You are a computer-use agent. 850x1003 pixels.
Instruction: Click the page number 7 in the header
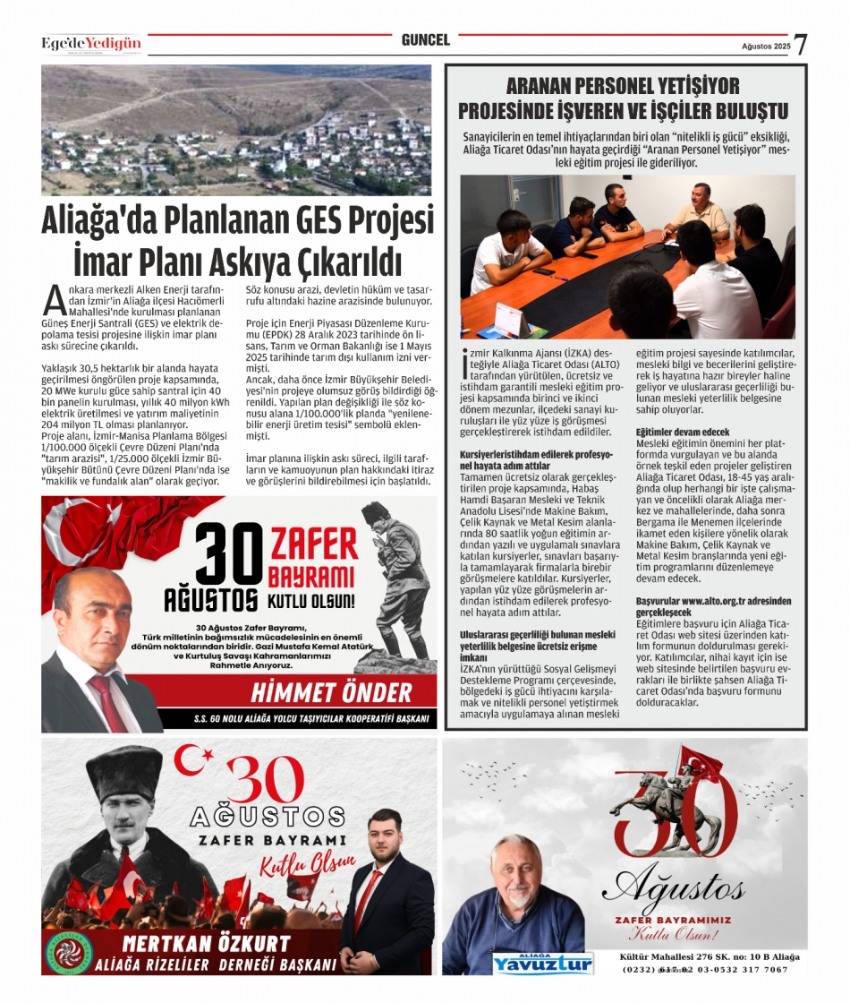pyautogui.click(x=801, y=45)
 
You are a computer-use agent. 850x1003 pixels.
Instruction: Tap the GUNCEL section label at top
pyautogui.click(x=425, y=40)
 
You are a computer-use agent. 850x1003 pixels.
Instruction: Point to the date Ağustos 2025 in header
pyautogui.click(x=765, y=47)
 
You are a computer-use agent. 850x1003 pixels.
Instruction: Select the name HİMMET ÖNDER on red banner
pyautogui.click(x=331, y=692)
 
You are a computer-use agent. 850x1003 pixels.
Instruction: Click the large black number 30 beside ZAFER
pyautogui.click(x=228, y=555)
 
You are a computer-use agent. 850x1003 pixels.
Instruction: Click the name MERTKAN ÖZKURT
pyautogui.click(x=207, y=943)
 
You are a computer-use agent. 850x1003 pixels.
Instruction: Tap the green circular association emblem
pyautogui.click(x=72, y=952)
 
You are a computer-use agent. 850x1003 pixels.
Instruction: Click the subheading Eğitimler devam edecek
pyautogui.click(x=683, y=433)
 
